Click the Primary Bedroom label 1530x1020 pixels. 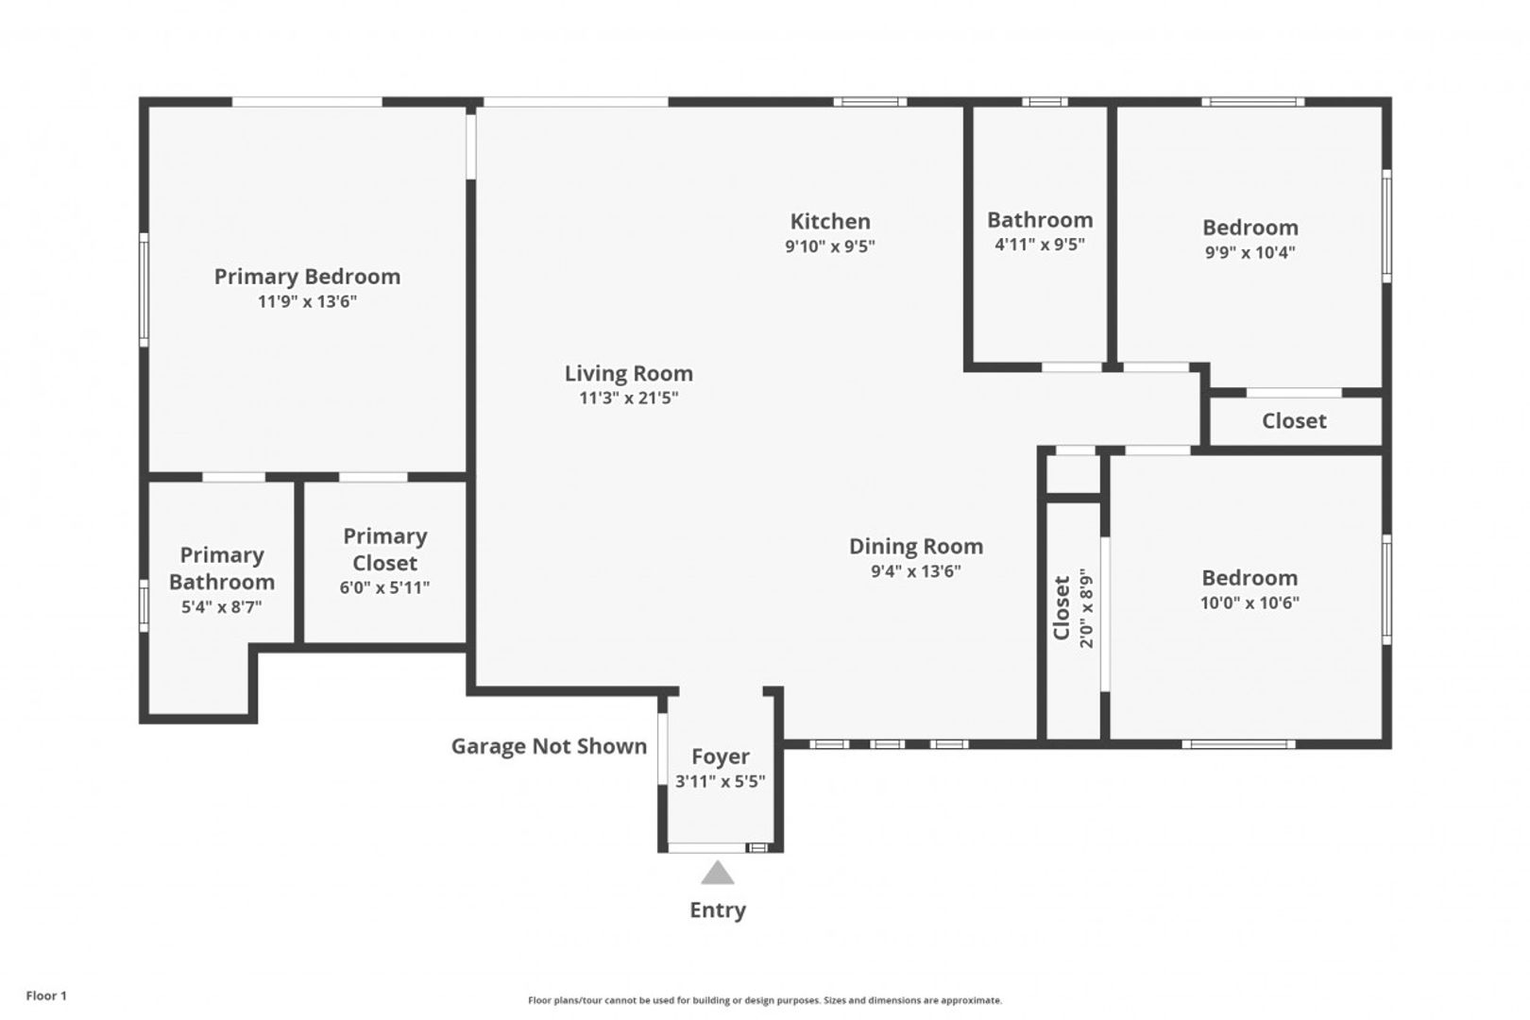coord(307,277)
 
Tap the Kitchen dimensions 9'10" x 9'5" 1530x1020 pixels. coord(830,246)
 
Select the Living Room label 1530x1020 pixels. coord(628,374)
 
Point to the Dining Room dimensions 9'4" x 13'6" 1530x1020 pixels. coord(916,571)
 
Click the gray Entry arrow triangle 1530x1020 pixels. coord(717,874)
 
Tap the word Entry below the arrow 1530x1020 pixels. coord(717,910)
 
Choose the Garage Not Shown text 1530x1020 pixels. coord(549,746)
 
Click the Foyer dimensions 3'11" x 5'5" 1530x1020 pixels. coord(720,781)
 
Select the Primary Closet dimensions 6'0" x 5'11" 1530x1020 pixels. coord(384,587)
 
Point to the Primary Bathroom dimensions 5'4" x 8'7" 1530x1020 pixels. coord(221,606)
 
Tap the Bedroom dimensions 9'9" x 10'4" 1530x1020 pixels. coord(1249,252)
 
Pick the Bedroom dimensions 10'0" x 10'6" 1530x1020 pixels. coord(1249,603)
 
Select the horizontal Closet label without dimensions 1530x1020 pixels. coord(1294,421)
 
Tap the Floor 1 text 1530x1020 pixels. coord(46,995)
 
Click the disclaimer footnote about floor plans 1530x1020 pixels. coord(765,1000)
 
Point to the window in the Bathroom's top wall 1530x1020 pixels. coord(1045,102)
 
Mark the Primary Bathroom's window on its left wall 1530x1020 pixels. coord(144,606)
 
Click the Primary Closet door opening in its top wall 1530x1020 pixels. coord(373,477)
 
